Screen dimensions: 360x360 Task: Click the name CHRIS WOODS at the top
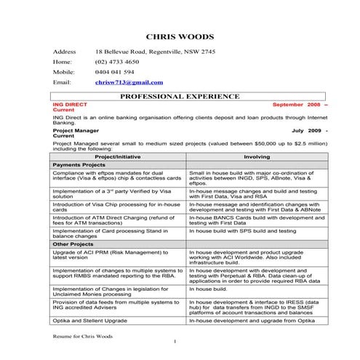coord(180,36)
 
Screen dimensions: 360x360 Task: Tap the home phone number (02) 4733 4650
coord(117,63)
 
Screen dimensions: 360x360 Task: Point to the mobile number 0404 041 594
coord(115,73)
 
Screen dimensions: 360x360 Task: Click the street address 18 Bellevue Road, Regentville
coord(155,52)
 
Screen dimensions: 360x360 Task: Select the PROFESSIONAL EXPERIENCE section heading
coord(179,96)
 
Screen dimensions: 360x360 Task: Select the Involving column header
coord(257,156)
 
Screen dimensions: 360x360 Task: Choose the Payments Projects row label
coord(81,165)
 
